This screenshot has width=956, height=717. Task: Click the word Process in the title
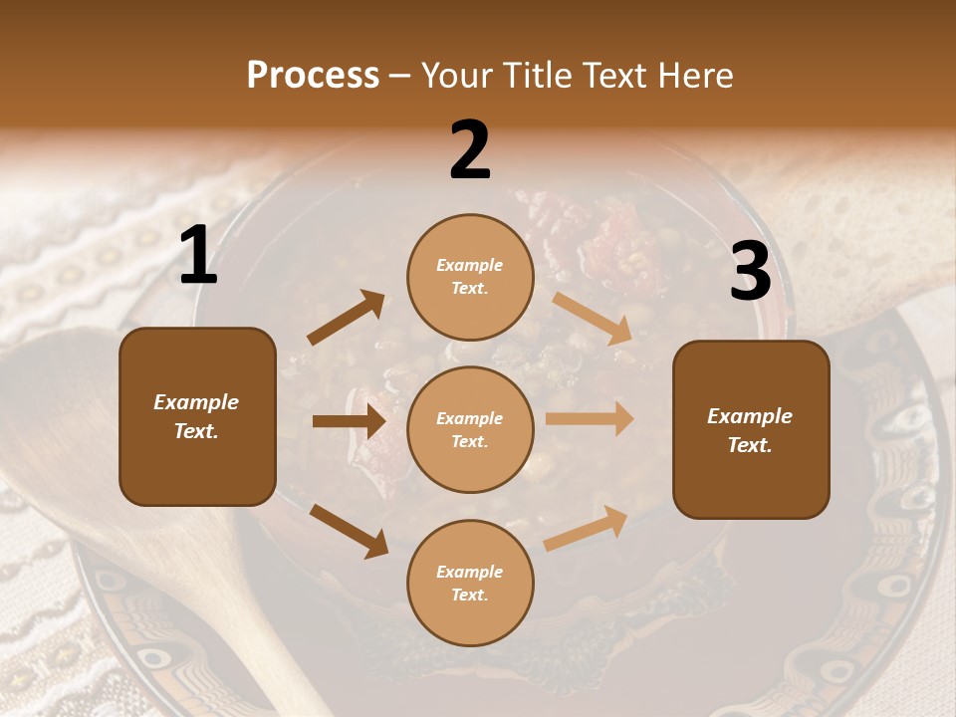(313, 76)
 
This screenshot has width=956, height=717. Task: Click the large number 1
(198, 257)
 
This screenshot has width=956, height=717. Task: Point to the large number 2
(470, 151)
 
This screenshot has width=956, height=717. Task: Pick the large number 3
(750, 272)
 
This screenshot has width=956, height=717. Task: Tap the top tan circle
(470, 277)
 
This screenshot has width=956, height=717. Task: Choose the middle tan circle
(470, 429)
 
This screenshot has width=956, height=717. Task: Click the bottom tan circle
(470, 583)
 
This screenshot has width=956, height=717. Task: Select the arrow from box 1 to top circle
(347, 317)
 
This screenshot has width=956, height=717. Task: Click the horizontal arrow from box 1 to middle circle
(349, 421)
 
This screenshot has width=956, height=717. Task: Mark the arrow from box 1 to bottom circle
(349, 530)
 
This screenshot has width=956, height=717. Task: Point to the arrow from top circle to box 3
(593, 318)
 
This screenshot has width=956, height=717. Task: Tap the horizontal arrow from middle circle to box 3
(590, 419)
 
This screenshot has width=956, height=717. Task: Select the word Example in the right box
(750, 416)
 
